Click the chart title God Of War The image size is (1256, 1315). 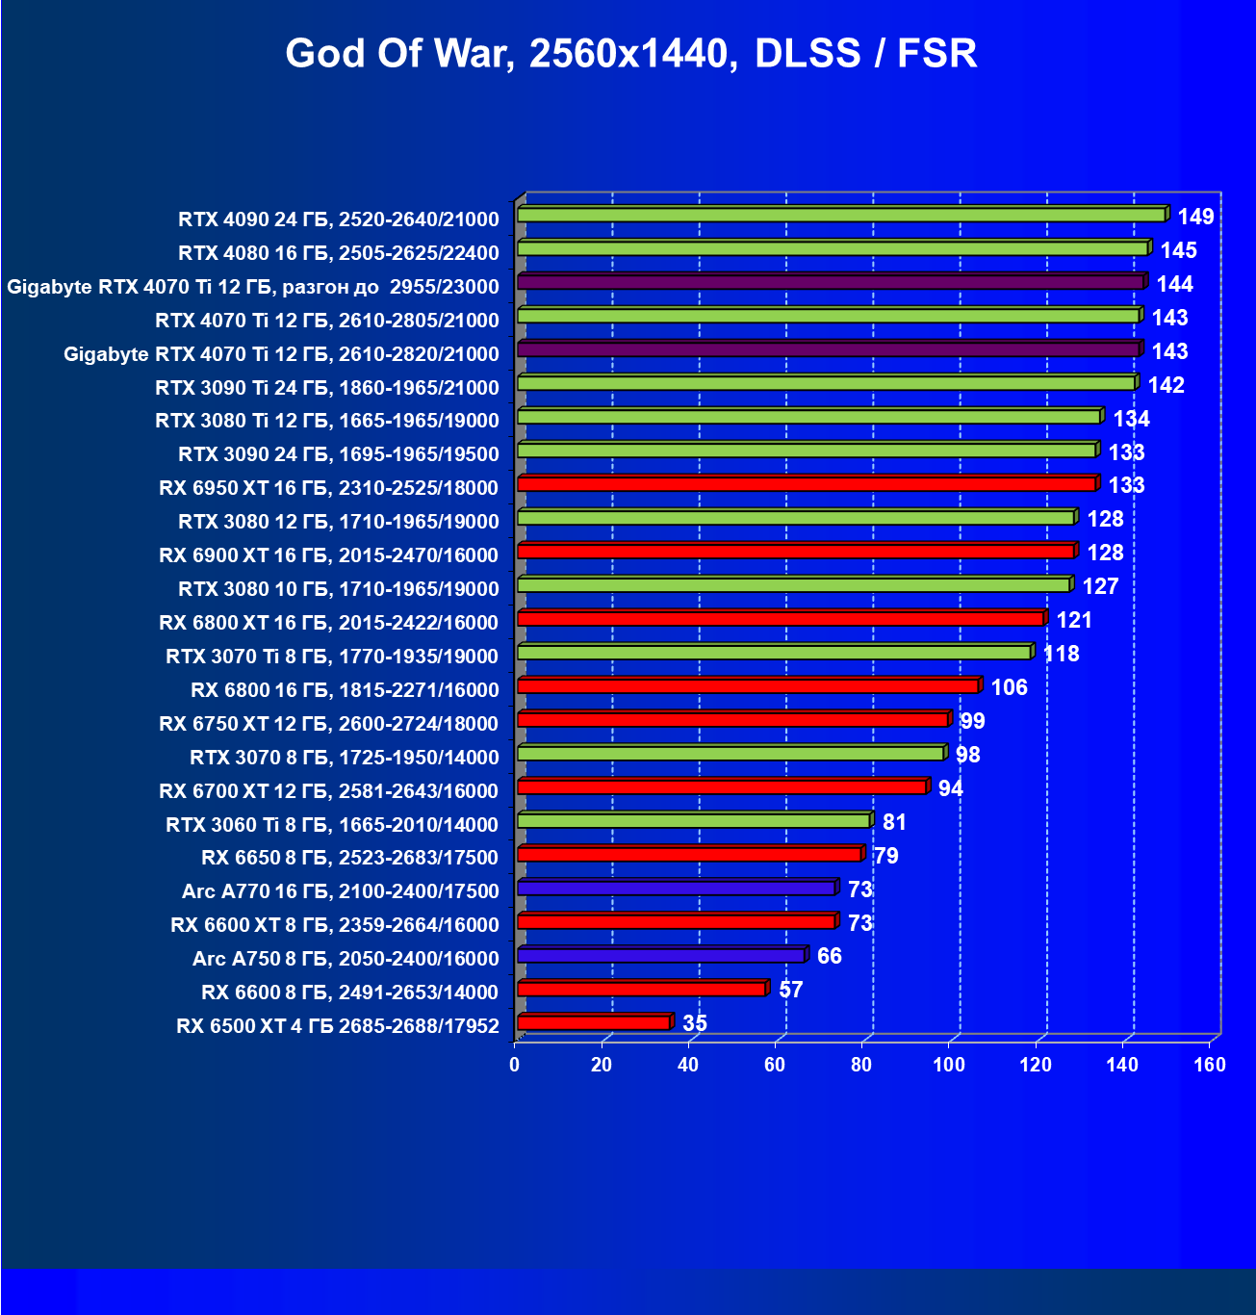(x=631, y=54)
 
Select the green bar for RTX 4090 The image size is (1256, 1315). (x=841, y=215)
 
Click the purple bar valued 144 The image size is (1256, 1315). (x=830, y=282)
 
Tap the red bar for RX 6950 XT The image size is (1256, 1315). (x=807, y=484)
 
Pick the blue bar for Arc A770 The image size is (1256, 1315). (x=676, y=889)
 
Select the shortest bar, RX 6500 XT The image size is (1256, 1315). (x=593, y=1023)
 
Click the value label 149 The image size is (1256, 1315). (x=1195, y=217)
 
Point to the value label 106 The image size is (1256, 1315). (x=1009, y=687)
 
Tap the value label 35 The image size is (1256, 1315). (x=694, y=1023)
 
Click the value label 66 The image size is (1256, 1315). (x=829, y=956)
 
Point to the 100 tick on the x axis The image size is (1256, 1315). (x=948, y=1065)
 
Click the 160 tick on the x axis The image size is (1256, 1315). (x=1210, y=1065)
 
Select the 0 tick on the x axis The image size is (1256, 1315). (x=514, y=1065)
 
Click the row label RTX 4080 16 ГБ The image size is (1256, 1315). (x=338, y=253)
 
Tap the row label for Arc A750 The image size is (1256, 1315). (x=345, y=959)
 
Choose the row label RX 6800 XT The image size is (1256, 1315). (x=328, y=623)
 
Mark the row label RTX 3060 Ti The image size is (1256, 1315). (x=331, y=825)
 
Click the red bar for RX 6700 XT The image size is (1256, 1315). (x=722, y=787)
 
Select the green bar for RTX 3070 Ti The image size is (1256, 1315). (x=774, y=653)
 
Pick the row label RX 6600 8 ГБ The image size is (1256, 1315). (x=349, y=993)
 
